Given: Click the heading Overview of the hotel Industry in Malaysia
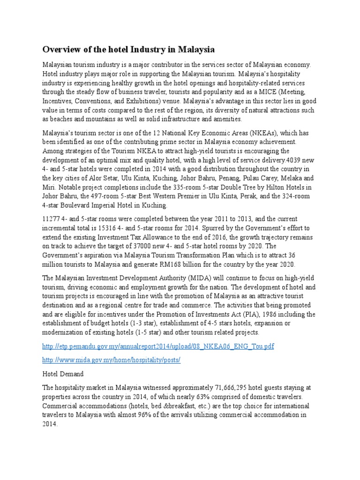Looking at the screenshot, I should [x=129, y=49].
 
